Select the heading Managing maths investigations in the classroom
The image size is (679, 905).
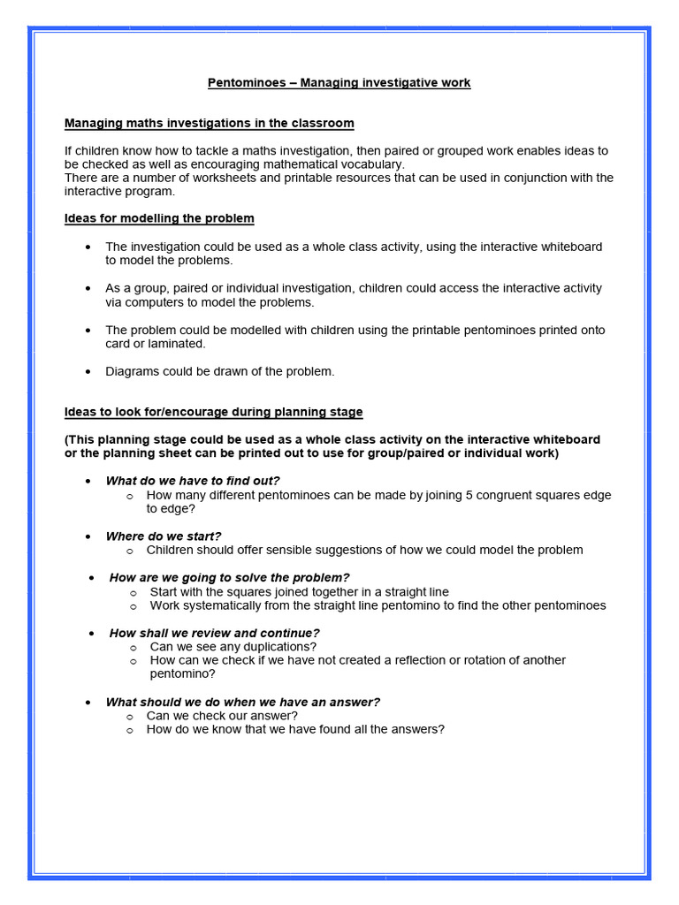(209, 123)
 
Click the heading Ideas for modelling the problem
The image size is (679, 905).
(159, 218)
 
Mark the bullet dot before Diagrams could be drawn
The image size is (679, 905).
(88, 372)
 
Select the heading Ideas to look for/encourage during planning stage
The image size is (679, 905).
(213, 412)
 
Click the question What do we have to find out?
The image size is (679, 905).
(192, 481)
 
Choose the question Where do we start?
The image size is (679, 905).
(163, 536)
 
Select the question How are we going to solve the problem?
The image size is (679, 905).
(229, 577)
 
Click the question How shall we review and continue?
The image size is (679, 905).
(214, 633)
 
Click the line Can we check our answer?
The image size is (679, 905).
(221, 715)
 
